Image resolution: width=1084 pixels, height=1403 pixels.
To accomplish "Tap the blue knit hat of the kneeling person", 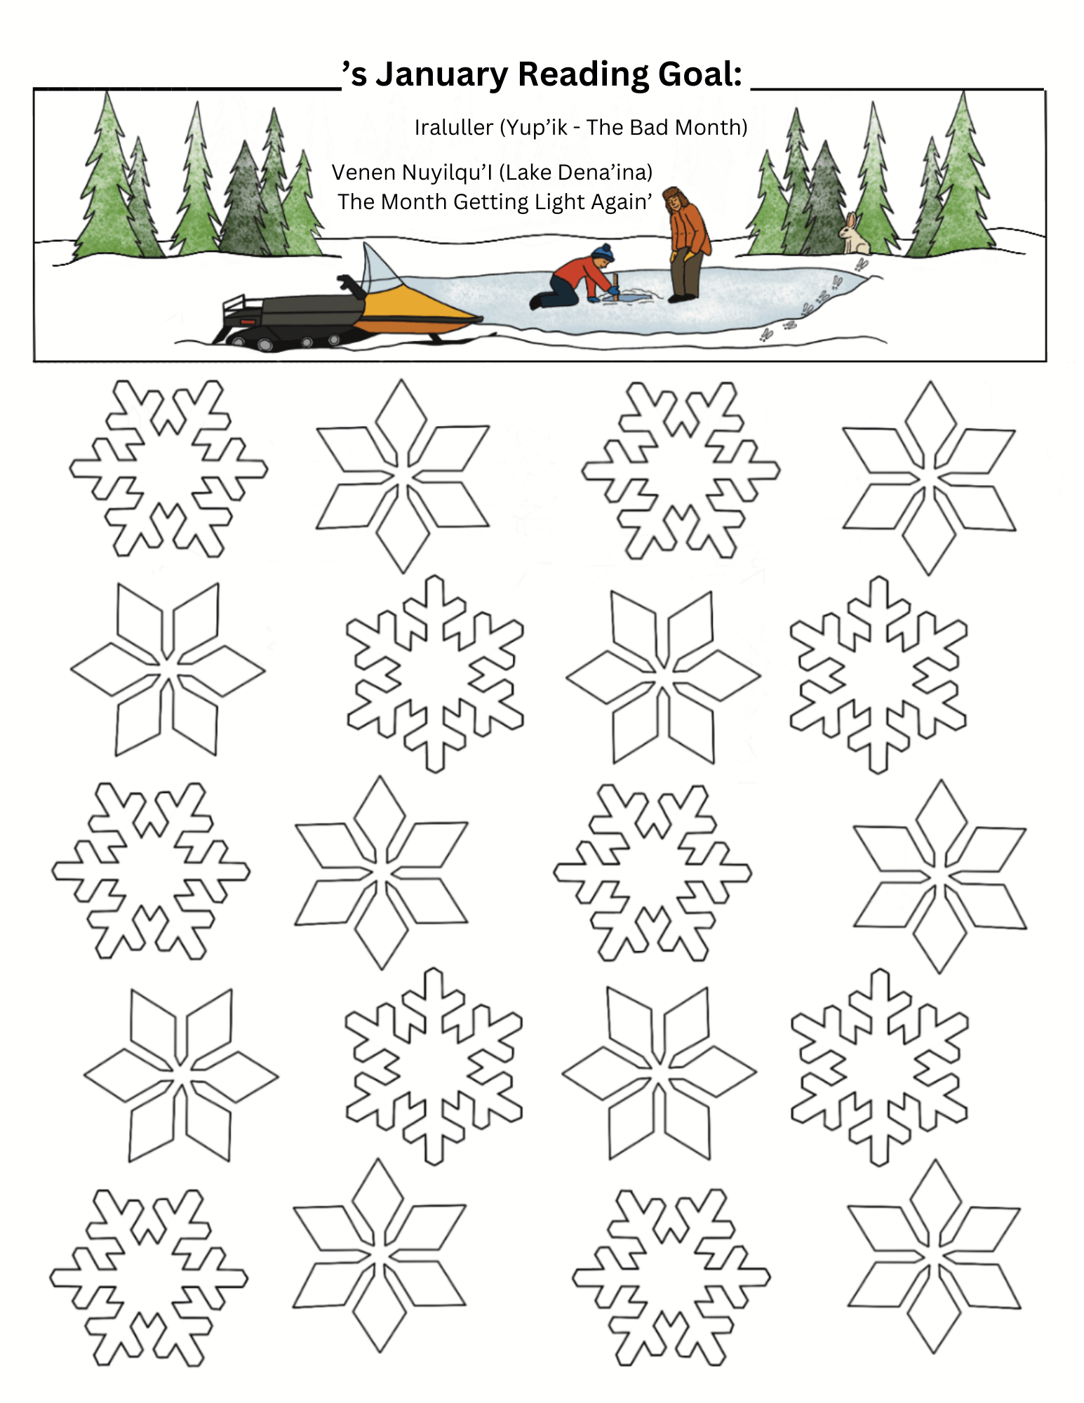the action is point(603,252).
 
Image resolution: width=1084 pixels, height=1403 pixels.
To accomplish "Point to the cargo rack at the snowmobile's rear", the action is point(241,310).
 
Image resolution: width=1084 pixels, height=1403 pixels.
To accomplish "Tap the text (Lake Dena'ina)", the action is point(575,172).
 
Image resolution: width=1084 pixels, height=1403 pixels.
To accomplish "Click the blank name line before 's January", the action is point(188,88).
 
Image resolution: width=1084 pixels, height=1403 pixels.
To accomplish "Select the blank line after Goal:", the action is point(897,88).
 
